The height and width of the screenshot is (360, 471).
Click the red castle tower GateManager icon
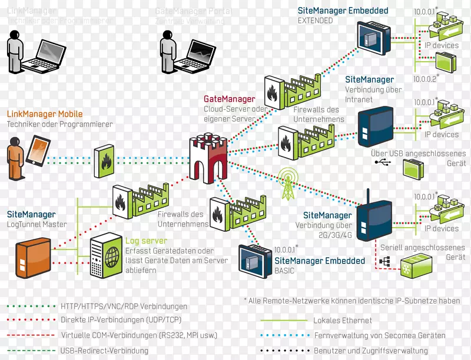209,155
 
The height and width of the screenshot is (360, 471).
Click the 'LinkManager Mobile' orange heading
45,114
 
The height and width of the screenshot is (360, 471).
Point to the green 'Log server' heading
146,241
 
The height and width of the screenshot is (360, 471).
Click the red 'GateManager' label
229,99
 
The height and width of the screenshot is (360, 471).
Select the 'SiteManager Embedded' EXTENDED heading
343,11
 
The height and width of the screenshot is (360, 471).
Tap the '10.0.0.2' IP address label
426,78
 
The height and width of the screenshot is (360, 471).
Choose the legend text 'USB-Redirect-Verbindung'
102,351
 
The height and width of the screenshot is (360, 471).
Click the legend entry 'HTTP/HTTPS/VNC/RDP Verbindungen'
124,306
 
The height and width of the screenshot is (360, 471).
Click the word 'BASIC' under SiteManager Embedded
284,271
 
